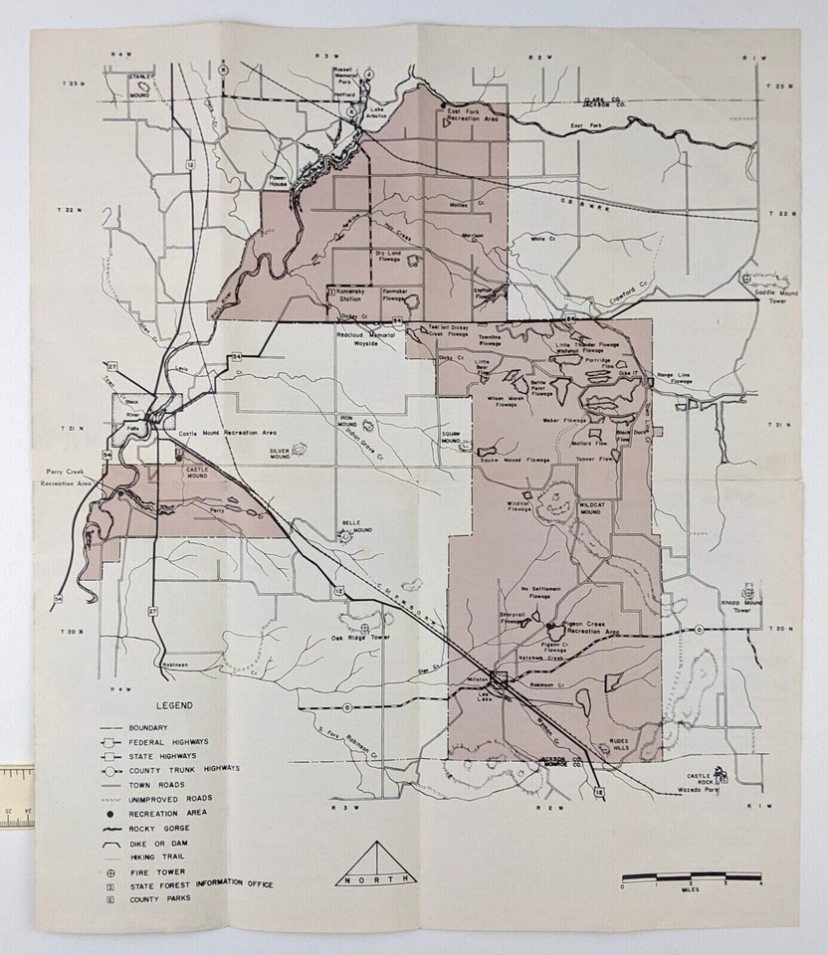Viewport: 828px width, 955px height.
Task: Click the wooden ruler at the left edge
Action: [x=17, y=796]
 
